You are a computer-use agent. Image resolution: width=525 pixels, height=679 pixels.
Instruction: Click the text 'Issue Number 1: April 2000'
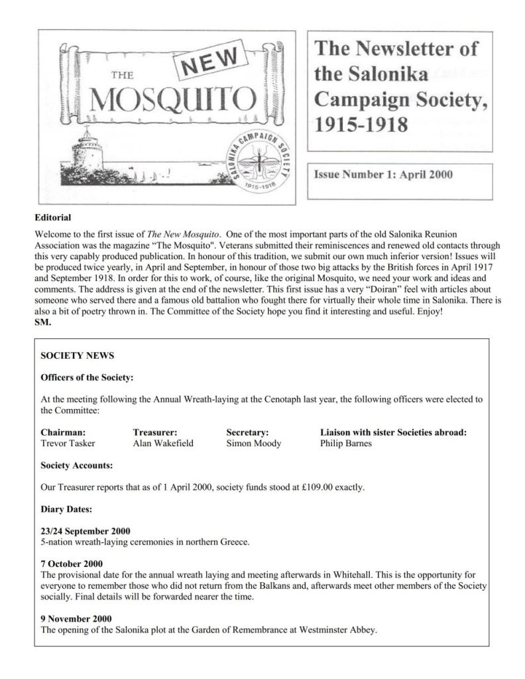point(384,175)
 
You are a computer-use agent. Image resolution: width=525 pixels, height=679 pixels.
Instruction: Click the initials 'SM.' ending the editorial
point(42,323)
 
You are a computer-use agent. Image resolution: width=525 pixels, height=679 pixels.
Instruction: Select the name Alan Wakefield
point(163,443)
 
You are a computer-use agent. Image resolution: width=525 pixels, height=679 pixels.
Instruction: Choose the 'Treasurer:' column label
point(154,432)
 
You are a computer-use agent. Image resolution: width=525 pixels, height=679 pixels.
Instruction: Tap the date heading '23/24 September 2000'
point(86,530)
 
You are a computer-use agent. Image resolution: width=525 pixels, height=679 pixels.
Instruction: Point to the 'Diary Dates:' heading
point(66,509)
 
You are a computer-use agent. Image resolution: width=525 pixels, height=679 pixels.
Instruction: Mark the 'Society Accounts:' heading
point(76,465)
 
